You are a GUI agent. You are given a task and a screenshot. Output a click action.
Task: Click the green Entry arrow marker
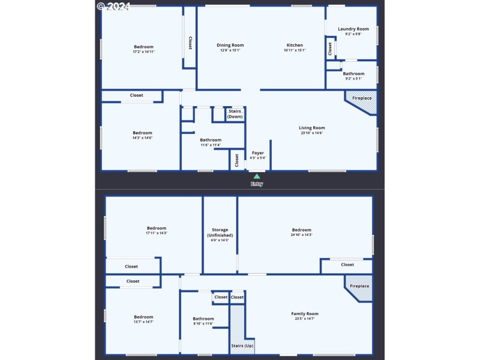(x=257, y=176)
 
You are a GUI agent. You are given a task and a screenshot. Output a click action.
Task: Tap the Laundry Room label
(x=353, y=29)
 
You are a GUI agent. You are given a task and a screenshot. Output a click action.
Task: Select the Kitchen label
(x=295, y=45)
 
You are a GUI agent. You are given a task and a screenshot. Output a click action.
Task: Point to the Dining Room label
(x=230, y=45)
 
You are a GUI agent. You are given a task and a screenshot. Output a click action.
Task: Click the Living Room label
(x=312, y=127)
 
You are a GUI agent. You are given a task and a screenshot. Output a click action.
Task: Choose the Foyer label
(x=258, y=153)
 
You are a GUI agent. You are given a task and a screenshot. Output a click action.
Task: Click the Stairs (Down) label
(x=235, y=113)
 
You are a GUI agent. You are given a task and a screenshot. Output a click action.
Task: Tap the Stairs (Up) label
(x=238, y=346)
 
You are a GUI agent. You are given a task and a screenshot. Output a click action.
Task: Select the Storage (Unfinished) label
(x=220, y=232)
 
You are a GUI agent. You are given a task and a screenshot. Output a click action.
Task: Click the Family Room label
(x=305, y=314)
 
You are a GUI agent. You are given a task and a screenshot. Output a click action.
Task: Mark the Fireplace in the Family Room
(x=360, y=287)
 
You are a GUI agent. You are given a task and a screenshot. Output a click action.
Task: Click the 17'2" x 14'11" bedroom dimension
(x=144, y=52)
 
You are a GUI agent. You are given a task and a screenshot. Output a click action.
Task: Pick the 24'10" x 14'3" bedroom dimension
(x=302, y=235)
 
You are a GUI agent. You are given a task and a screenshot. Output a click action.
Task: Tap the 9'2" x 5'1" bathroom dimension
(x=353, y=79)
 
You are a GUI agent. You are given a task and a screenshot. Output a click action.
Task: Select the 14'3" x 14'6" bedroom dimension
(x=142, y=138)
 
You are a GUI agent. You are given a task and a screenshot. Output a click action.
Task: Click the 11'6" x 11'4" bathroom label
(x=210, y=140)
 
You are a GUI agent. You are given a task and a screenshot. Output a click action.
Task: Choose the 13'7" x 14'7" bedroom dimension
(x=143, y=322)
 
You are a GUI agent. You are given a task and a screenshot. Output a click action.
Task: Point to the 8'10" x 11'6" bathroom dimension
(x=203, y=324)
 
